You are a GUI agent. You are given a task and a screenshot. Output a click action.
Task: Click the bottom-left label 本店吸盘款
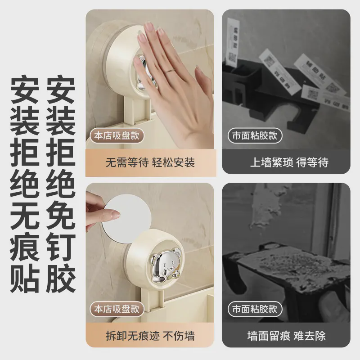coord(117,309)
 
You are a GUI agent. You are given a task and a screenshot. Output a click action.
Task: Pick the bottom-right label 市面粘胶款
coord(255,309)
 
